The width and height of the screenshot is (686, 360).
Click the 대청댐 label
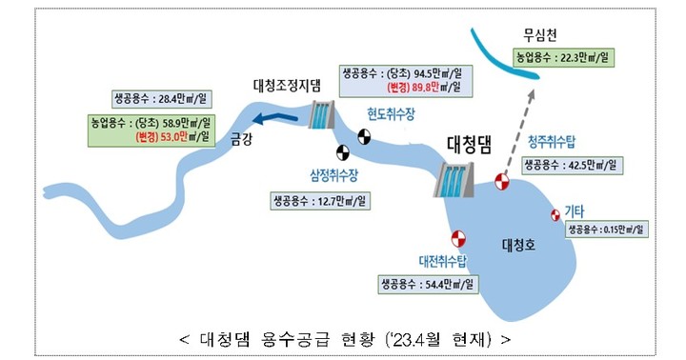(x=469, y=145)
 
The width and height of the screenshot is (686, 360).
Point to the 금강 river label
(x=241, y=138)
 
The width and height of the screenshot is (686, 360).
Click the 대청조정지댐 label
(x=292, y=84)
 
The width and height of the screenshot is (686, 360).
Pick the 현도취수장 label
(x=392, y=113)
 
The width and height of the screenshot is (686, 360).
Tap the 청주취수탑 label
(x=552, y=142)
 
